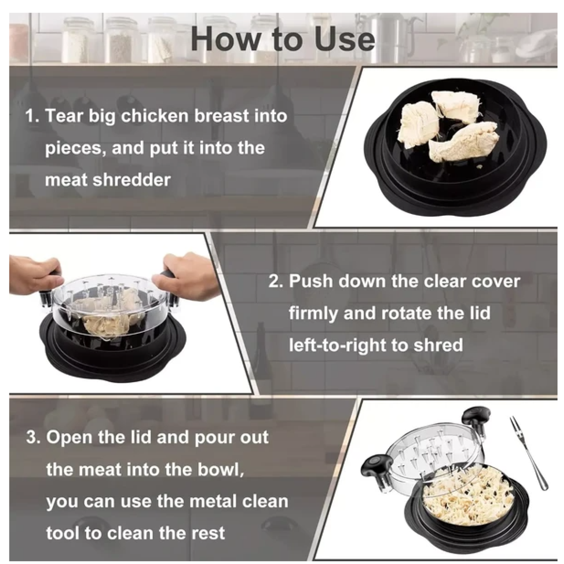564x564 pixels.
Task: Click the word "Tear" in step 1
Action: (64, 116)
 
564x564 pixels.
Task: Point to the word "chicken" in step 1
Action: (155, 116)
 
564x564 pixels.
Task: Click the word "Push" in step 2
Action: (309, 281)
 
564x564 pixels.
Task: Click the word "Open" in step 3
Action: (70, 437)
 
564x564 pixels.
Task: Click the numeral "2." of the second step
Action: (276, 281)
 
